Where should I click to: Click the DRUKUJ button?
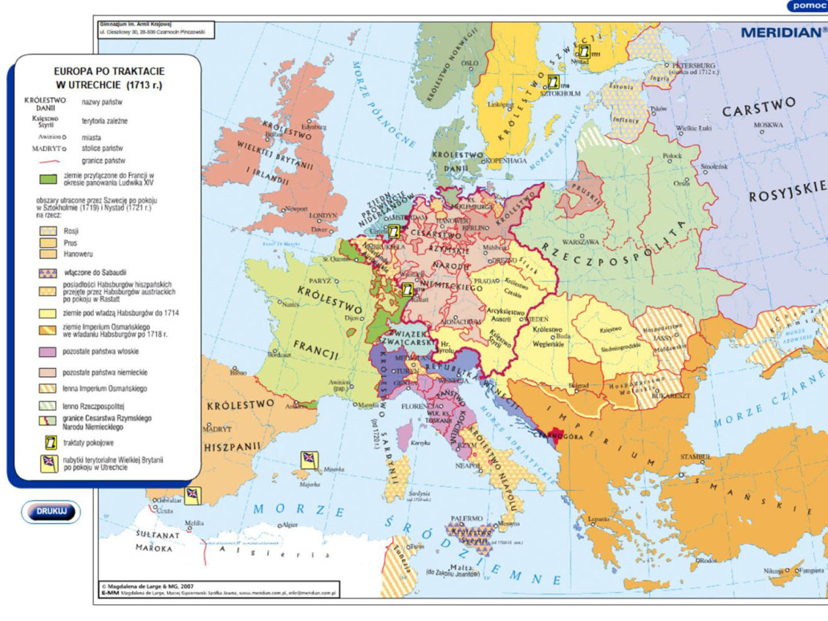pyautogui.click(x=51, y=511)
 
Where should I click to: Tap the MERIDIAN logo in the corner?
pyautogui.click(x=781, y=33)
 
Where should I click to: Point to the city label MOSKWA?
pyautogui.click(x=768, y=125)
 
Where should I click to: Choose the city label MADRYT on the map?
pyautogui.click(x=217, y=428)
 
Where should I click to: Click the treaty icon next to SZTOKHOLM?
pyautogui.click(x=553, y=82)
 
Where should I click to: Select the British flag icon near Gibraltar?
pyautogui.click(x=193, y=494)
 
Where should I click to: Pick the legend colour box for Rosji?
pyautogui.click(x=49, y=230)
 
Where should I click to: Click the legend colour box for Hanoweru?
pyautogui.click(x=49, y=254)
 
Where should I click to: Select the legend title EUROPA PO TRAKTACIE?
pyautogui.click(x=103, y=71)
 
